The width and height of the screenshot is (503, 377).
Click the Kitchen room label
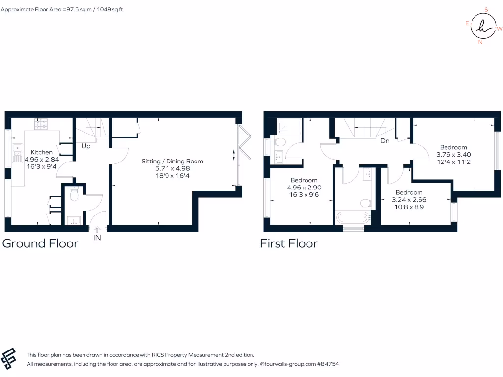41,152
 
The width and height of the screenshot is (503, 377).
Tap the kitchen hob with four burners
41,124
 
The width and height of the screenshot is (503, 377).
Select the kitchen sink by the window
18,153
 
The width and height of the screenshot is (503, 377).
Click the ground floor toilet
74,195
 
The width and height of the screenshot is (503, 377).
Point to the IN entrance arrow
97,229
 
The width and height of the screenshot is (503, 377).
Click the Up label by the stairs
85,146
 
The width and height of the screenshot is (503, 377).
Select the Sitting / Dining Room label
172,161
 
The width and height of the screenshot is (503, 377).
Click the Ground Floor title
40,243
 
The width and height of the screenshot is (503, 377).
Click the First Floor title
289,243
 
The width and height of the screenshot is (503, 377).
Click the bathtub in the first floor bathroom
353,218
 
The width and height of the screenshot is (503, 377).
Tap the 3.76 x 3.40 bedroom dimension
453,154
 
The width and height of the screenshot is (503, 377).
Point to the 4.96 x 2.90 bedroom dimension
304,187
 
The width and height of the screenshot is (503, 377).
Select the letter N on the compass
480,42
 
